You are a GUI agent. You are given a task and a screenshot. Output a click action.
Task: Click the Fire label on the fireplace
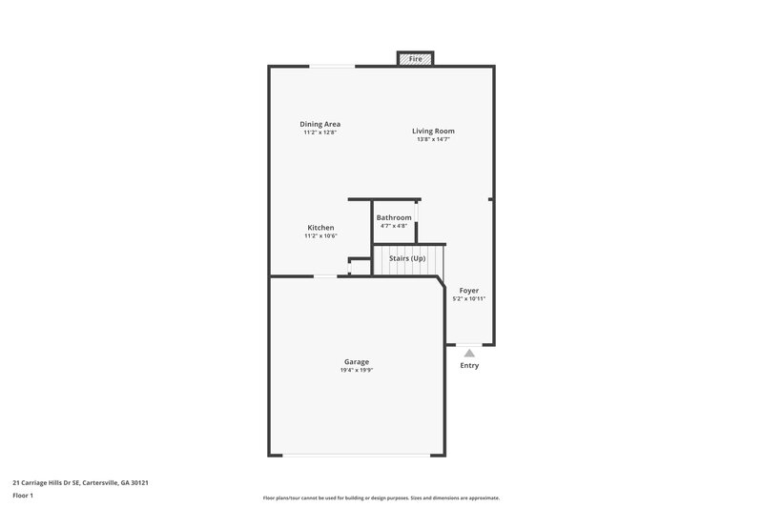415,59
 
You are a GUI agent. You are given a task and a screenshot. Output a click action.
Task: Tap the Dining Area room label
320,124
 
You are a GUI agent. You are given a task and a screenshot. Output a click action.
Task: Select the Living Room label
433,131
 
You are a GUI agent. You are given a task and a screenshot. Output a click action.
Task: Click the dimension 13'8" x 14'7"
433,139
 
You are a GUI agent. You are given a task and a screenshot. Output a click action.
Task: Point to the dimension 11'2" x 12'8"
320,132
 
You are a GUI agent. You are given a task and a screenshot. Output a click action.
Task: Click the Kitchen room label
320,228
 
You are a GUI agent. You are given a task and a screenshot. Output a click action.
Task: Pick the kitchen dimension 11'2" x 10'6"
320,236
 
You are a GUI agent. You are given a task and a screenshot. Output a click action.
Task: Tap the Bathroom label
394,217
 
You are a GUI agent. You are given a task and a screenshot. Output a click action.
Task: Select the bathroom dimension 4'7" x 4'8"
394,226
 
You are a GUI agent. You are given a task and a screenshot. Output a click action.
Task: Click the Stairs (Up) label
407,258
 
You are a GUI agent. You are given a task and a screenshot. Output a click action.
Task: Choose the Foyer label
469,290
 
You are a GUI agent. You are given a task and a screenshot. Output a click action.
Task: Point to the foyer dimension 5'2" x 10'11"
469,298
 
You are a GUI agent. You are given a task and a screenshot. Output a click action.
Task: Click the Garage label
357,361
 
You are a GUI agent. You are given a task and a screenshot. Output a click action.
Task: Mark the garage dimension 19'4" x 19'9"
357,370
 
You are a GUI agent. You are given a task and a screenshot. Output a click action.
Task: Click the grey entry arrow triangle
469,353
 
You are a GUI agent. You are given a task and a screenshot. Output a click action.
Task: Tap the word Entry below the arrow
469,366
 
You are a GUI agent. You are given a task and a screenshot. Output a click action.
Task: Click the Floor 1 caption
24,496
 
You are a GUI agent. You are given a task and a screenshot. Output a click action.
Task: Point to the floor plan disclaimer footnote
381,498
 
